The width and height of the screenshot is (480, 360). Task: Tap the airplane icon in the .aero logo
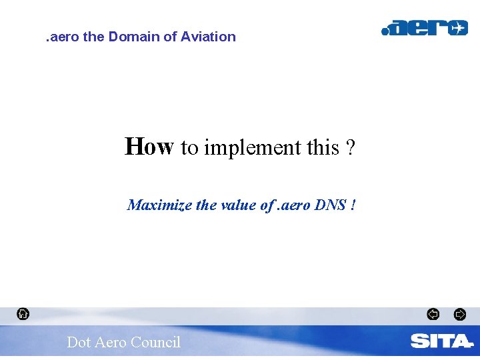(457, 28)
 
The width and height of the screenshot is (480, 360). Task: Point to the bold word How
(149, 147)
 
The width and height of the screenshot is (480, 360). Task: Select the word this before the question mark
(323, 147)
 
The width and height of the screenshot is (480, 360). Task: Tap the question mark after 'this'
(351, 147)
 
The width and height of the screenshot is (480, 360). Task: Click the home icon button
(23, 313)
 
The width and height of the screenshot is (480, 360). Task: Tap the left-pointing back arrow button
(433, 314)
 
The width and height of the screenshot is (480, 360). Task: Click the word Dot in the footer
(79, 343)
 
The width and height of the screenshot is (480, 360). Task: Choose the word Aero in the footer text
(110, 343)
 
